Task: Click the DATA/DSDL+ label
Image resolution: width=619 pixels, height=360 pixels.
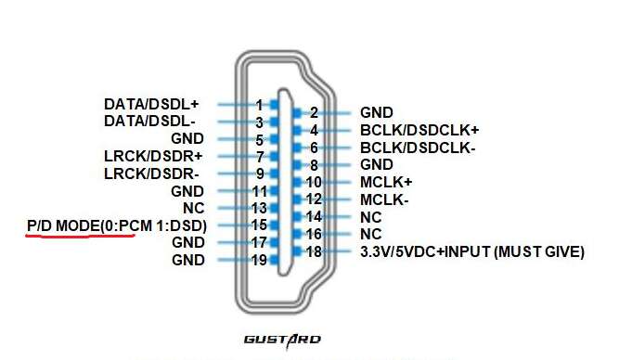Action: (151, 105)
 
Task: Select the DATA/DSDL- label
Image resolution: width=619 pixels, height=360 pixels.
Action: (149, 122)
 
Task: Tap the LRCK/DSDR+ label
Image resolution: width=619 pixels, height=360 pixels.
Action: (153, 156)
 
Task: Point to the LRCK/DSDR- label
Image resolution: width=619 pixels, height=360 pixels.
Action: (151, 174)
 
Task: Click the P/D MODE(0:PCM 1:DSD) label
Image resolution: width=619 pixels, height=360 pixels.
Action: (117, 225)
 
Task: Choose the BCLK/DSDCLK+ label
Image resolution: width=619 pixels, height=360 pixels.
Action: (419, 130)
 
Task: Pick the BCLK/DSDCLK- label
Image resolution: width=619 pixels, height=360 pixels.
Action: (418, 148)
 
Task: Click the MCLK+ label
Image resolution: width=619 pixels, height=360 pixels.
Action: (386, 182)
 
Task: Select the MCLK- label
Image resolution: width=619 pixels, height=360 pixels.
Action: (384, 200)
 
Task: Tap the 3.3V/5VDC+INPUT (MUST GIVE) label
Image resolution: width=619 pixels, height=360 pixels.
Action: (472, 251)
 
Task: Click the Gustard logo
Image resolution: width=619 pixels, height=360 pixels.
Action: (282, 341)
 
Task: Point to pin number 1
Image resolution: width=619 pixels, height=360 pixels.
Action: (259, 105)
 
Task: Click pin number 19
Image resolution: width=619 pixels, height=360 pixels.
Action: (259, 260)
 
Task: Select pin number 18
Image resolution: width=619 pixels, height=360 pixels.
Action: (314, 251)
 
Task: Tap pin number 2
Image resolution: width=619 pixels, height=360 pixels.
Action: (314, 113)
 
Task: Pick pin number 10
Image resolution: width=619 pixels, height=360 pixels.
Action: (314, 182)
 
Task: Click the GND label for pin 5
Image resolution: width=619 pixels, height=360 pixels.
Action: (187, 139)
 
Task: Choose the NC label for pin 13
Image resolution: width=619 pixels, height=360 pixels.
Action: (194, 208)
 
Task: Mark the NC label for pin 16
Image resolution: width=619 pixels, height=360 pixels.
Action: (371, 235)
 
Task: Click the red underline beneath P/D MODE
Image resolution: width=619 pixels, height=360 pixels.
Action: (81, 236)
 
